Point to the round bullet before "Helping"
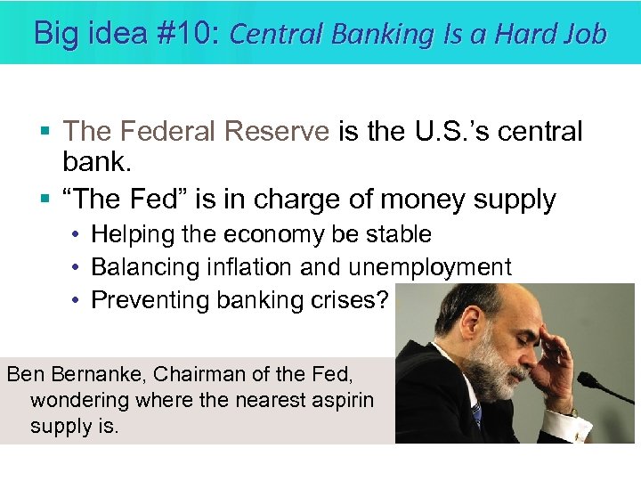tap(77, 235)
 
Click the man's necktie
tap(477, 415)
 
